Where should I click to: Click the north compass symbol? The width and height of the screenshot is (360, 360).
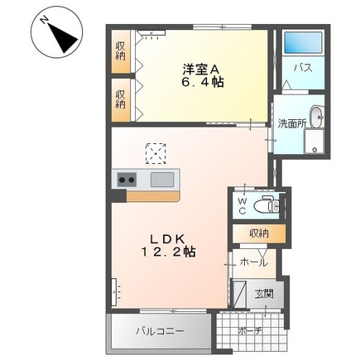click(54, 32)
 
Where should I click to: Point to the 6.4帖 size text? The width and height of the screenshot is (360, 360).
click(204, 83)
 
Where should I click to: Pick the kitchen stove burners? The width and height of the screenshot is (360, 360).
click(127, 180)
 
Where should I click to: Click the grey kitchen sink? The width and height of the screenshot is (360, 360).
click(162, 180)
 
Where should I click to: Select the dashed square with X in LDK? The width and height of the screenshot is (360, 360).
click(155, 151)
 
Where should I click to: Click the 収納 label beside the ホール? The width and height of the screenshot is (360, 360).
click(258, 234)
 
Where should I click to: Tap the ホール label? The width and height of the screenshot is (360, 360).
click(252, 262)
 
